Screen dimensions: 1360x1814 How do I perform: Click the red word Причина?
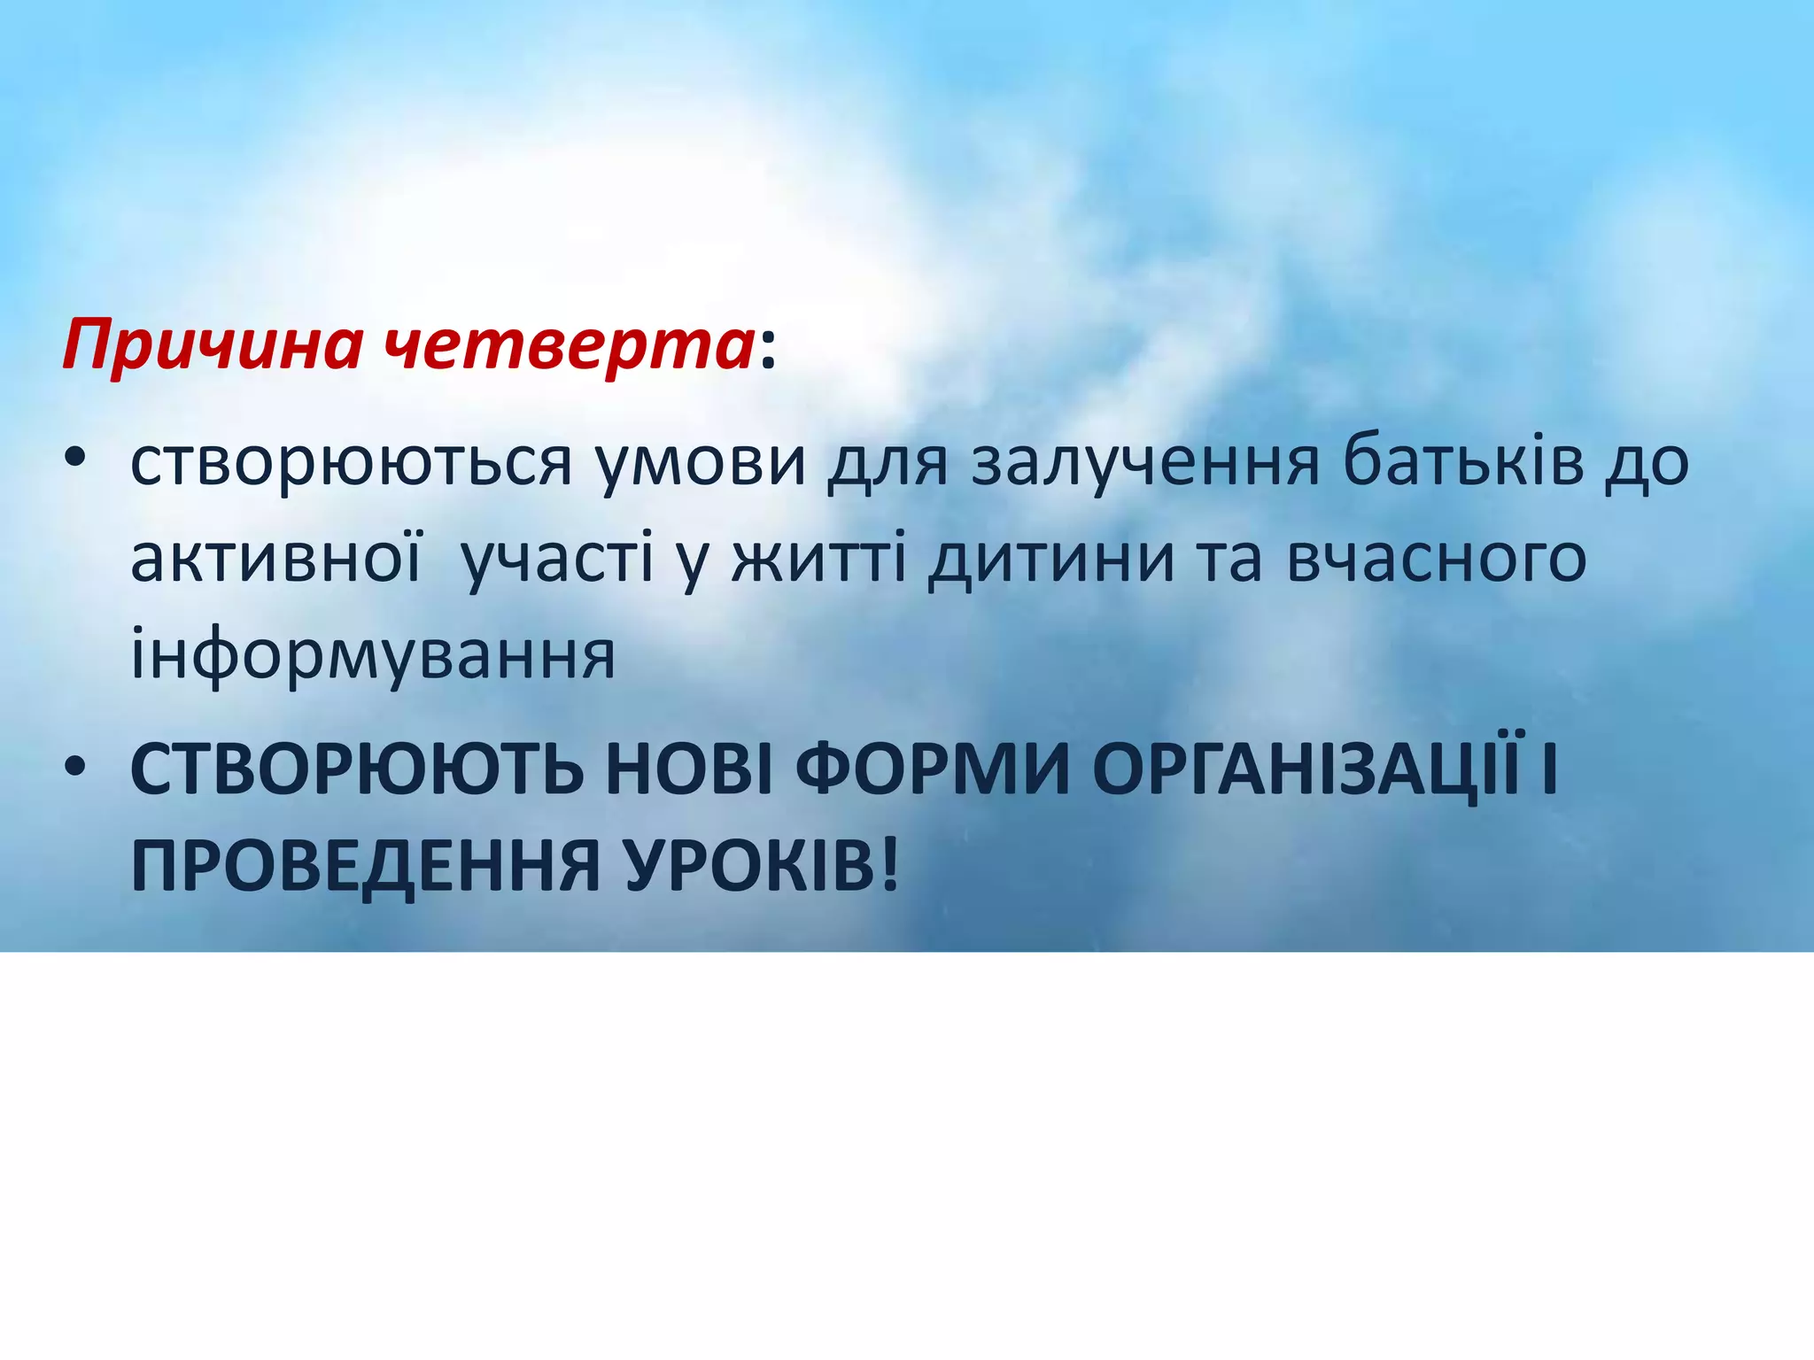(213, 347)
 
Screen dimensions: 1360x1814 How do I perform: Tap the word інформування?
(373, 655)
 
